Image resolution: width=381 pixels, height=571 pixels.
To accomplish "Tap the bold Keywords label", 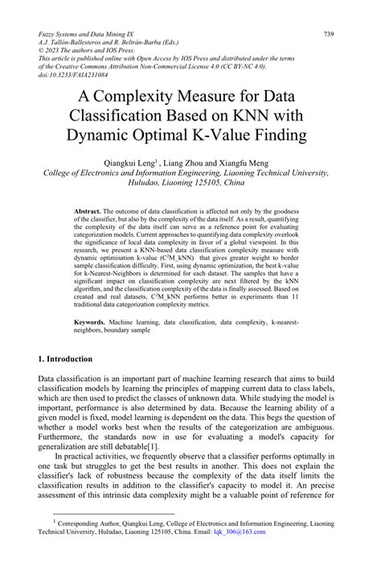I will tap(89, 320).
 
